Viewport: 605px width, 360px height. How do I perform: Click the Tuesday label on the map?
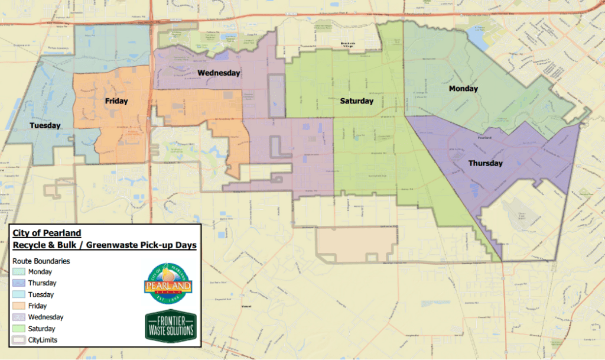click(45, 126)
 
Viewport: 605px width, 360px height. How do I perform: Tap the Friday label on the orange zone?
click(116, 101)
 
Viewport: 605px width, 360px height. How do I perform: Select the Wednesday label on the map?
click(219, 73)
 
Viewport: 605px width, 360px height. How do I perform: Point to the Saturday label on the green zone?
click(357, 102)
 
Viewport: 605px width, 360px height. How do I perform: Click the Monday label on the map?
click(463, 89)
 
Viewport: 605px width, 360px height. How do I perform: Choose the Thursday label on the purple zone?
click(485, 163)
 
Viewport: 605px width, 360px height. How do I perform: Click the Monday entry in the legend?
click(40, 272)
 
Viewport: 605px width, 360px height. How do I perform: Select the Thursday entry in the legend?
click(41, 283)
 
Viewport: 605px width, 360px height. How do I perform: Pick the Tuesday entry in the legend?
click(40, 294)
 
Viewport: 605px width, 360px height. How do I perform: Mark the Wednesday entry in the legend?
click(45, 317)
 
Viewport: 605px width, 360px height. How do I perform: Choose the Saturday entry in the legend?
click(41, 329)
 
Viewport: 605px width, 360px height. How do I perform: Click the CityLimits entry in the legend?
click(41, 340)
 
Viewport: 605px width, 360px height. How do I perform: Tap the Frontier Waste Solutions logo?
click(170, 326)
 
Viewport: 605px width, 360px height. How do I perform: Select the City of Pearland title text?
click(47, 233)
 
